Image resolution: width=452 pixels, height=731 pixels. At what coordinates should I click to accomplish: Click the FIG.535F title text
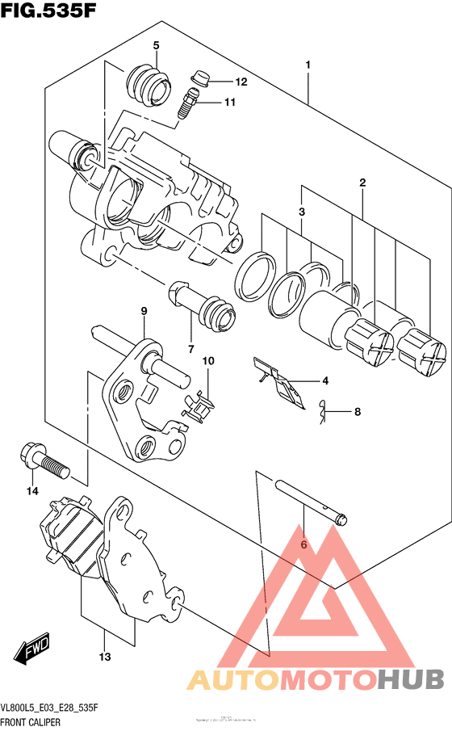[x=48, y=14]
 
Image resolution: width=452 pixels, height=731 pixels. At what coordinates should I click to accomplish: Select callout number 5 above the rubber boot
[x=157, y=45]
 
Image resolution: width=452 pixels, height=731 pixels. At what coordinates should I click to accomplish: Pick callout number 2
[x=363, y=183]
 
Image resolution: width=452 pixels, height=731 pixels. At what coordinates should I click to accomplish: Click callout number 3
[x=301, y=212]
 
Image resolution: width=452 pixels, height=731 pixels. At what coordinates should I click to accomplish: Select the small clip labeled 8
[x=323, y=413]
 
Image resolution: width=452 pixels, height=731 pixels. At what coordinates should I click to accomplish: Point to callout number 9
[x=143, y=311]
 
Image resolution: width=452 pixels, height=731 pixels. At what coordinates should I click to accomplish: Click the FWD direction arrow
[x=31, y=651]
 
